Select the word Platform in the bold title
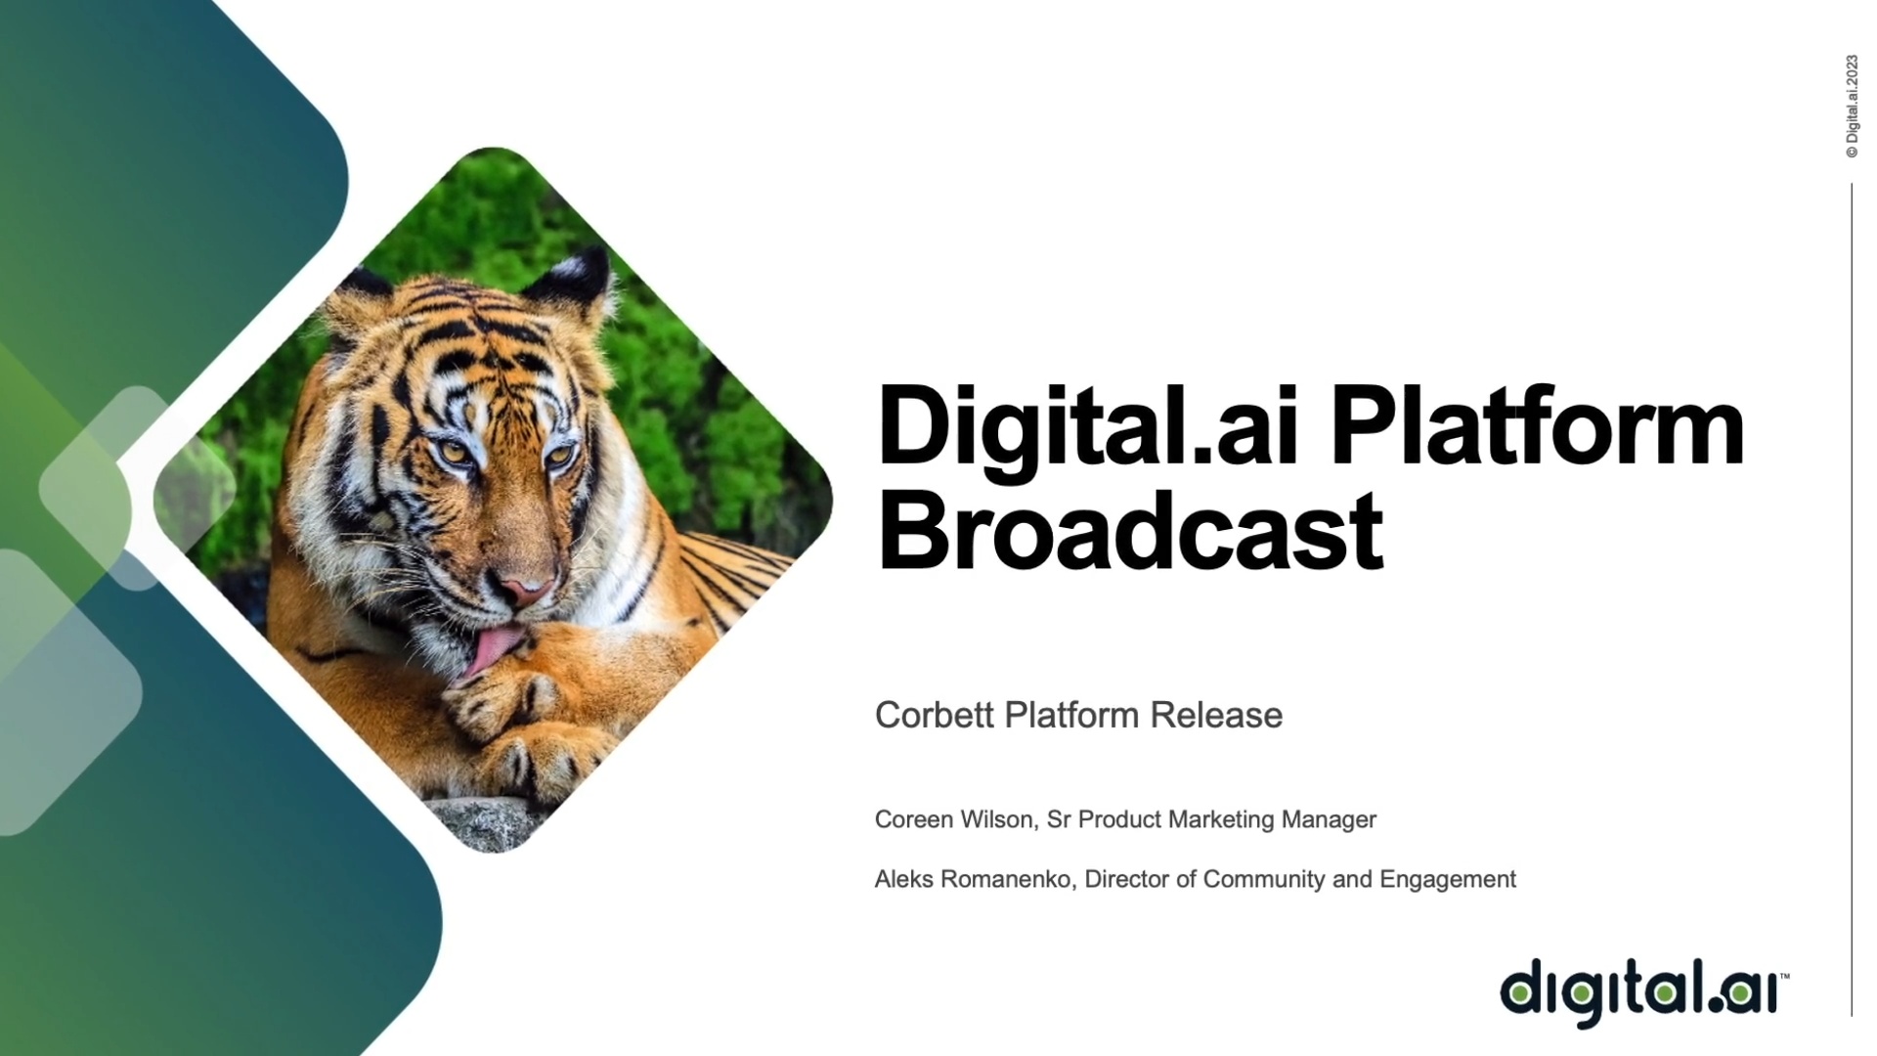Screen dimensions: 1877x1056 [1538, 426]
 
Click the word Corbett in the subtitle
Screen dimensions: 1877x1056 [935, 715]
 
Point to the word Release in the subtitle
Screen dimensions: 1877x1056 [1216, 715]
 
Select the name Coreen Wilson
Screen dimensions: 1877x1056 [954, 819]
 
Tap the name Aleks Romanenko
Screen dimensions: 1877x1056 [975, 879]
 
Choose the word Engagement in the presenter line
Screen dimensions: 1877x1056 [1448, 880]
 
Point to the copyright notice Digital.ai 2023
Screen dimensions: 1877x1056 [1852, 106]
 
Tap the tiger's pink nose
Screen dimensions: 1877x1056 [526, 590]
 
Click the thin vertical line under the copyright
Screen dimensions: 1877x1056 [1852, 599]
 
